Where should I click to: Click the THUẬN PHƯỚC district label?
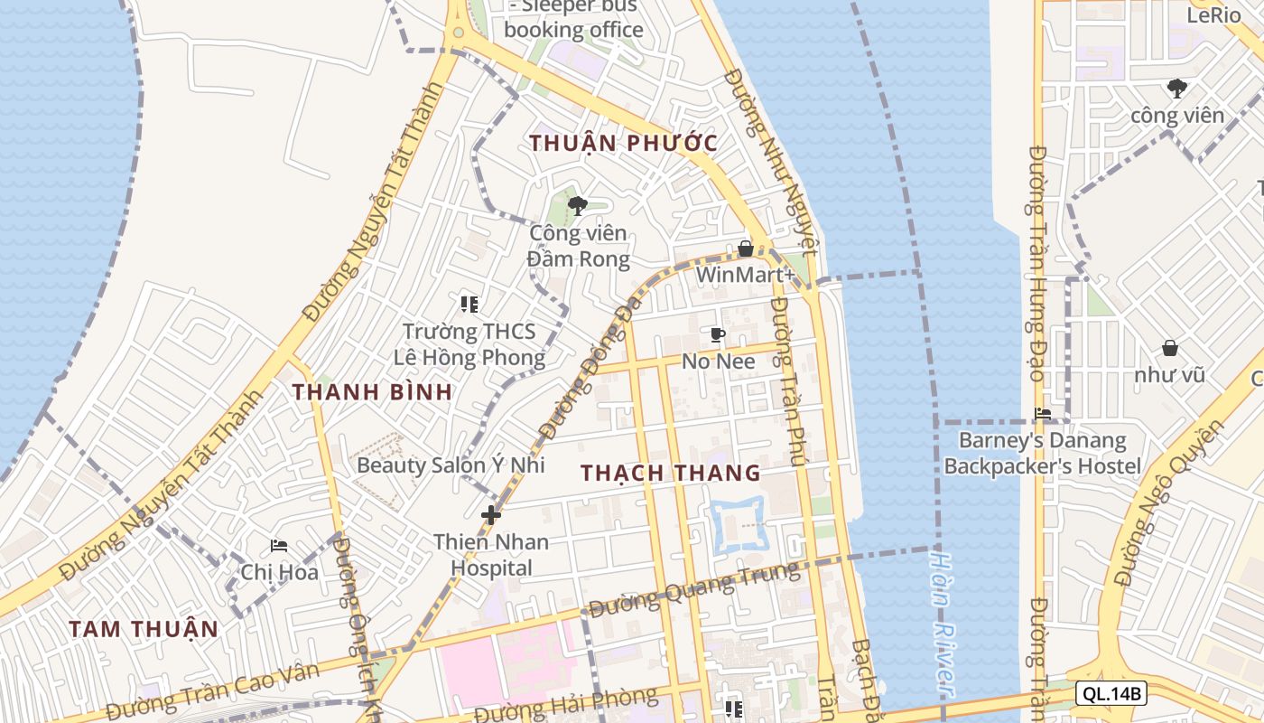pyautogui.click(x=623, y=143)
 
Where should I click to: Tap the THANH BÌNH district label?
pyautogui.click(x=372, y=391)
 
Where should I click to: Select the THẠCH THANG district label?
pyautogui.click(x=670, y=473)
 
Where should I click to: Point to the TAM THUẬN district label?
pyautogui.click(x=144, y=629)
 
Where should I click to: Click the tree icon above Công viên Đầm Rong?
pyautogui.click(x=578, y=206)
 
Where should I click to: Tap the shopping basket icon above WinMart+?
pyautogui.click(x=746, y=248)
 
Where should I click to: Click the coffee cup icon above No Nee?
pyautogui.click(x=718, y=335)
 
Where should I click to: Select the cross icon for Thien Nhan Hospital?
pyautogui.click(x=491, y=515)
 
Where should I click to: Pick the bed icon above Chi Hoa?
pyautogui.click(x=279, y=546)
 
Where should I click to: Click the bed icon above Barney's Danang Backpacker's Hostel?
pyautogui.click(x=1043, y=414)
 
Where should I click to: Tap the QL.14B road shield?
pyautogui.click(x=1111, y=694)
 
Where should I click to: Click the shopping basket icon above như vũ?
pyautogui.click(x=1170, y=348)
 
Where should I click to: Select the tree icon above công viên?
pyautogui.click(x=1176, y=89)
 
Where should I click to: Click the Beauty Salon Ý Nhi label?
pyautogui.click(x=451, y=465)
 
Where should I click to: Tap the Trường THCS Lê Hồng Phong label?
pyautogui.click(x=469, y=344)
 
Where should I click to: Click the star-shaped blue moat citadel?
pyautogui.click(x=739, y=524)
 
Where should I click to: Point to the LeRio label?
pyautogui.click(x=1213, y=14)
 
